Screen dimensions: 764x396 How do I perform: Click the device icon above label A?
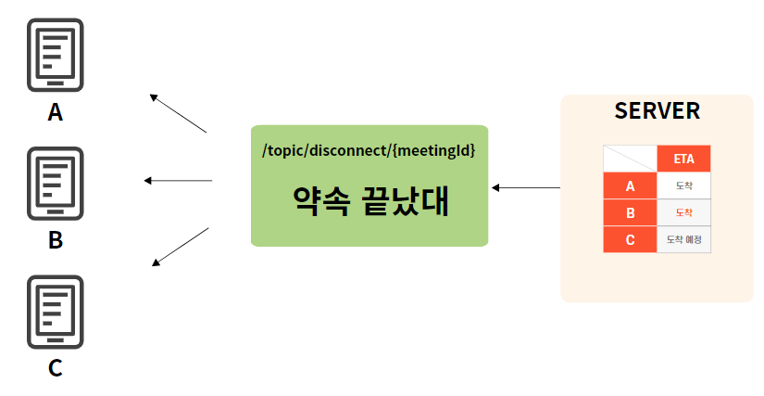point(56,55)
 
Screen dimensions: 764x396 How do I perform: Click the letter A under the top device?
point(56,112)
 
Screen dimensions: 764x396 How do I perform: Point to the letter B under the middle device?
point(56,240)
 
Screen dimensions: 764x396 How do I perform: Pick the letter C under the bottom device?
point(56,368)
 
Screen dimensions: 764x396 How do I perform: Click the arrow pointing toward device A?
point(178,113)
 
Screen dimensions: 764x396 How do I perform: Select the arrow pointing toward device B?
point(179,180)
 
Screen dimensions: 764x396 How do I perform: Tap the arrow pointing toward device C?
point(180,247)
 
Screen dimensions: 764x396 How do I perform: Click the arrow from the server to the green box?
point(525,187)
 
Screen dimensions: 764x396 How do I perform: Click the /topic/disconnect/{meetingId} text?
point(369,148)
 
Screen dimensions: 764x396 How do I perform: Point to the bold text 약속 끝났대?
point(369,200)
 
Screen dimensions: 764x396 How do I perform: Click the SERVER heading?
point(657,111)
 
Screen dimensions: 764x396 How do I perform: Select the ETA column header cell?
point(683,159)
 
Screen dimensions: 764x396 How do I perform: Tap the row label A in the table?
point(630,185)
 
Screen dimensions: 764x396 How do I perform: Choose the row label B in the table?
point(630,212)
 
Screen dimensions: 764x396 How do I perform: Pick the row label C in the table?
point(630,239)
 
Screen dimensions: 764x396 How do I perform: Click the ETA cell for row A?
point(683,185)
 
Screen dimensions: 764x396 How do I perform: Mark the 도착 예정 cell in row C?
point(683,239)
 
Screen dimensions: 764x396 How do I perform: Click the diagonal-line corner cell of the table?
point(630,159)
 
